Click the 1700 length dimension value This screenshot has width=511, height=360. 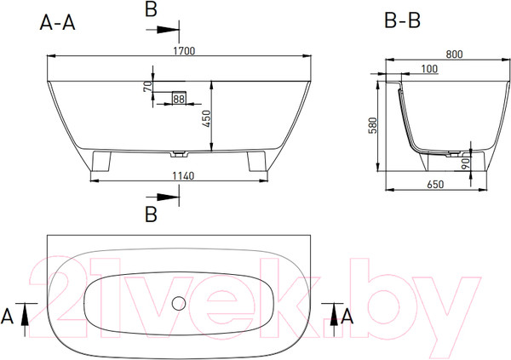click(x=184, y=51)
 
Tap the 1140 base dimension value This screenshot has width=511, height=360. click(x=183, y=176)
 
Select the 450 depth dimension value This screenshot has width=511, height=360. click(x=207, y=119)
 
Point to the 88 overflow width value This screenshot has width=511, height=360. click(x=179, y=99)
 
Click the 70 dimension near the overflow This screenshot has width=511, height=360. click(x=147, y=86)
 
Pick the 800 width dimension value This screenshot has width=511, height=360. click(x=454, y=54)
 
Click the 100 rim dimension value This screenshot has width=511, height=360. click(x=429, y=69)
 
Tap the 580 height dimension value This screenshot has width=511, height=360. click(x=372, y=125)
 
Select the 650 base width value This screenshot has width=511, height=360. click(x=435, y=185)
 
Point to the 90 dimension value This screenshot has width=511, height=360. click(x=466, y=163)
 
